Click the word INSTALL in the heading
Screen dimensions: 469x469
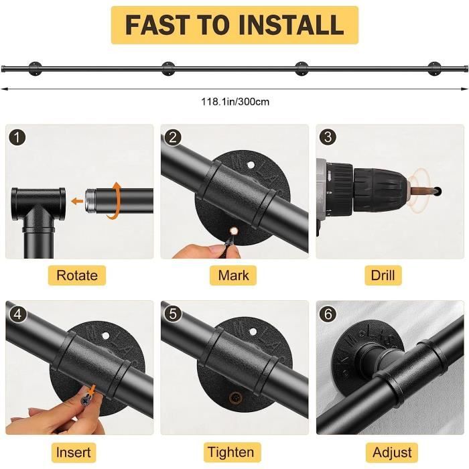pos(291,25)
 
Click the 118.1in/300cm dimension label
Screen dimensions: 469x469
pos(235,102)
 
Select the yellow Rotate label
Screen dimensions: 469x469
pos(77,275)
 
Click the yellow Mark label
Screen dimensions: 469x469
pos(233,275)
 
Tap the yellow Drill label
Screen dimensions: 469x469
pos(383,275)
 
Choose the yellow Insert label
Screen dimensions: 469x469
pos(73,452)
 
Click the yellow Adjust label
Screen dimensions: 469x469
pos(392,452)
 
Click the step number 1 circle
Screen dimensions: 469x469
pos(17,137)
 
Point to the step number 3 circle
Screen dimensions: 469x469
pos(328,137)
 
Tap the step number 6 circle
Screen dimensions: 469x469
pos(328,314)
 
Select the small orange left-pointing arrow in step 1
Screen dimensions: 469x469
pos(77,201)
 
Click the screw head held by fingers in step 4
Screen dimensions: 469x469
pos(86,399)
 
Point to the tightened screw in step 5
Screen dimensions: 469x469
pos(235,398)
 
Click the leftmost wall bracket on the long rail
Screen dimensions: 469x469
pos(36,69)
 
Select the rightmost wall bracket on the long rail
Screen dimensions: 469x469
pos(434,69)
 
